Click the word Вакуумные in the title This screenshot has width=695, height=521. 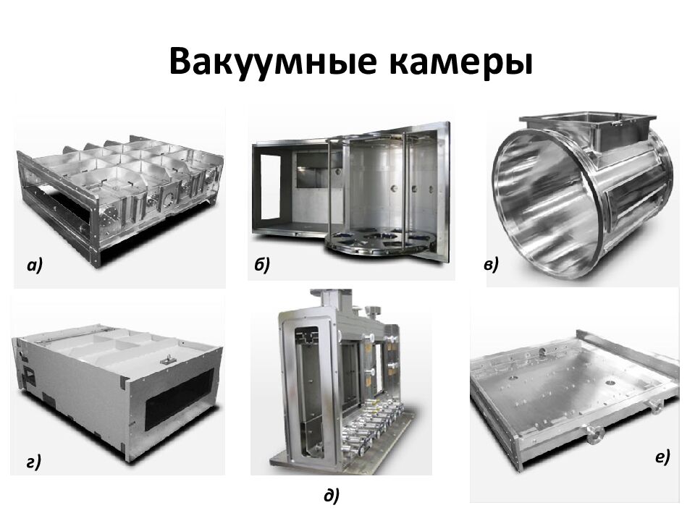tap(273, 62)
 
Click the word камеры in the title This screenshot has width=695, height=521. tap(461, 62)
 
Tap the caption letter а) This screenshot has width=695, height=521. tap(35, 265)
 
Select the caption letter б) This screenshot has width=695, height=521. tap(262, 265)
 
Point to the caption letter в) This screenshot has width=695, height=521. tap(491, 265)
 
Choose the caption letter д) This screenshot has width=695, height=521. tap(332, 495)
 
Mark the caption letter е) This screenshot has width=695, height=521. tap(662, 457)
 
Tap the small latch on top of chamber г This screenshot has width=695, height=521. tap(167, 360)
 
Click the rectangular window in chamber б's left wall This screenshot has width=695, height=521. tap(270, 187)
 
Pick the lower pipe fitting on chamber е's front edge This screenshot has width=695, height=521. tap(594, 435)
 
